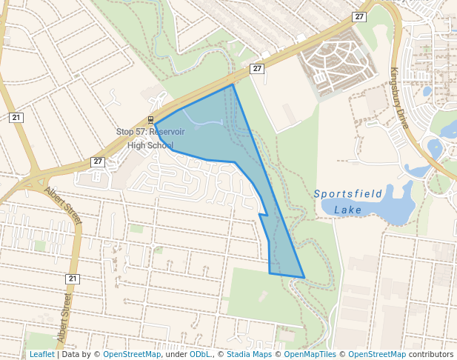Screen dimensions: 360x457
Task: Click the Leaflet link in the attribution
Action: pos(41,354)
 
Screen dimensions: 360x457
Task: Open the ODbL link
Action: pos(199,354)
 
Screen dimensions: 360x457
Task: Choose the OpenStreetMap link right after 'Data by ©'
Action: pos(132,354)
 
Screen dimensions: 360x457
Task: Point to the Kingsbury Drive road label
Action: pos(400,99)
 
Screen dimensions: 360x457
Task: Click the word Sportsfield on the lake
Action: pos(348,194)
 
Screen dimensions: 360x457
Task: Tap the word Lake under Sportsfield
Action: pos(348,210)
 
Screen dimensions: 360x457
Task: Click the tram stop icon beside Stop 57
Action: pos(151,119)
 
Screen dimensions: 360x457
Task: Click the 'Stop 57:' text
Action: pos(130,132)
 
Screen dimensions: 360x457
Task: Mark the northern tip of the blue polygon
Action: pos(233,84)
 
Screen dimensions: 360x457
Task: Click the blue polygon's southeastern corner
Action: pos(304,278)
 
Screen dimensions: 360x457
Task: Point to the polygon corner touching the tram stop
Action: pos(154,124)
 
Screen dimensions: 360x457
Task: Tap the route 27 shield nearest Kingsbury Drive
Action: pos(359,16)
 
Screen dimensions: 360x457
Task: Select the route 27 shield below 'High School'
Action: pos(98,161)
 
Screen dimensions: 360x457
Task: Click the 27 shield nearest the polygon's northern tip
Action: pos(257,69)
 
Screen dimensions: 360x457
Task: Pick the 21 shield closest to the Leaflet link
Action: pos(72,279)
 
